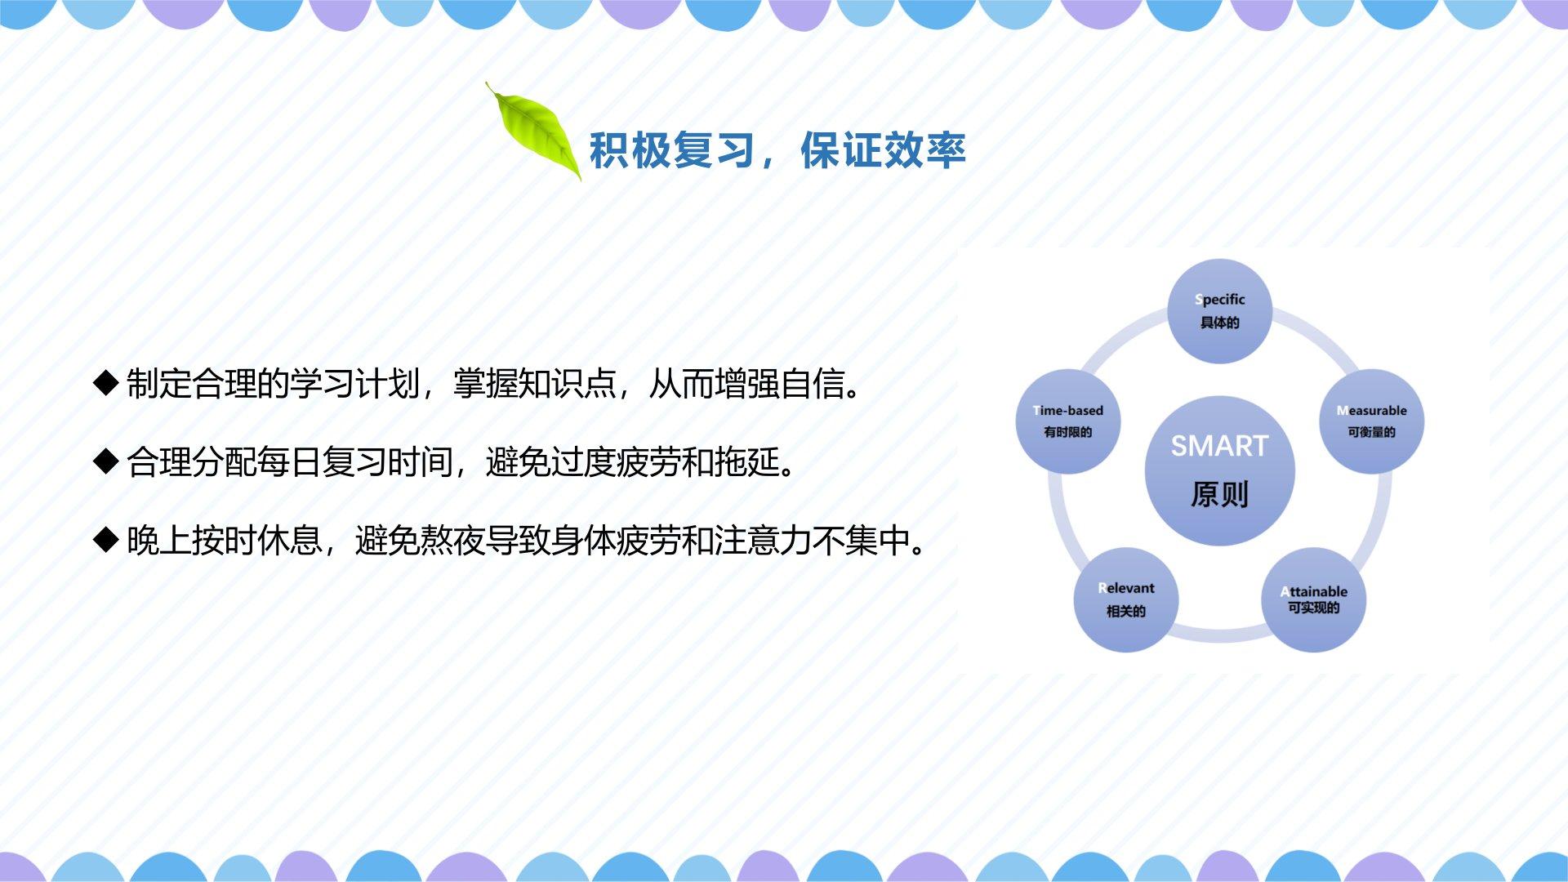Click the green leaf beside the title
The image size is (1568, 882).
point(535,132)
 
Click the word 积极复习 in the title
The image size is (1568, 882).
point(671,150)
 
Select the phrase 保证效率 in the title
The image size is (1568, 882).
point(883,150)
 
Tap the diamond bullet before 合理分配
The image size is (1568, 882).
point(107,461)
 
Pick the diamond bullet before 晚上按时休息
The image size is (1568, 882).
point(107,540)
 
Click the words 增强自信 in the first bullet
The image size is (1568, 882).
point(780,384)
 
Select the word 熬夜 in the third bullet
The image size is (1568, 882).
point(453,541)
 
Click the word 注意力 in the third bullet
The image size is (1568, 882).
point(764,541)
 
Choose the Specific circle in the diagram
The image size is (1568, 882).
point(1220,311)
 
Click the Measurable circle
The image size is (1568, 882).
point(1372,421)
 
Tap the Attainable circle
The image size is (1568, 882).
point(1313,599)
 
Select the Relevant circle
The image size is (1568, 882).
point(1126,599)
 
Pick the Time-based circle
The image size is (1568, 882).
point(1068,421)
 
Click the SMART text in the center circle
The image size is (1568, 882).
point(1220,446)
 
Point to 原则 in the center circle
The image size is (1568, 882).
point(1220,494)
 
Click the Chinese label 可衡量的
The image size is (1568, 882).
point(1372,432)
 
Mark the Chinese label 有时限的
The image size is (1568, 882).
point(1068,432)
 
